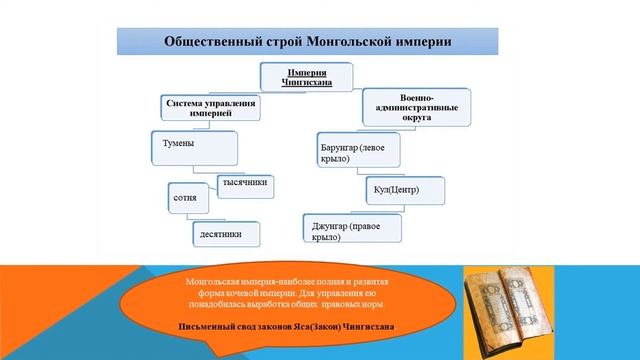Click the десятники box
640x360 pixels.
(230, 233)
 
